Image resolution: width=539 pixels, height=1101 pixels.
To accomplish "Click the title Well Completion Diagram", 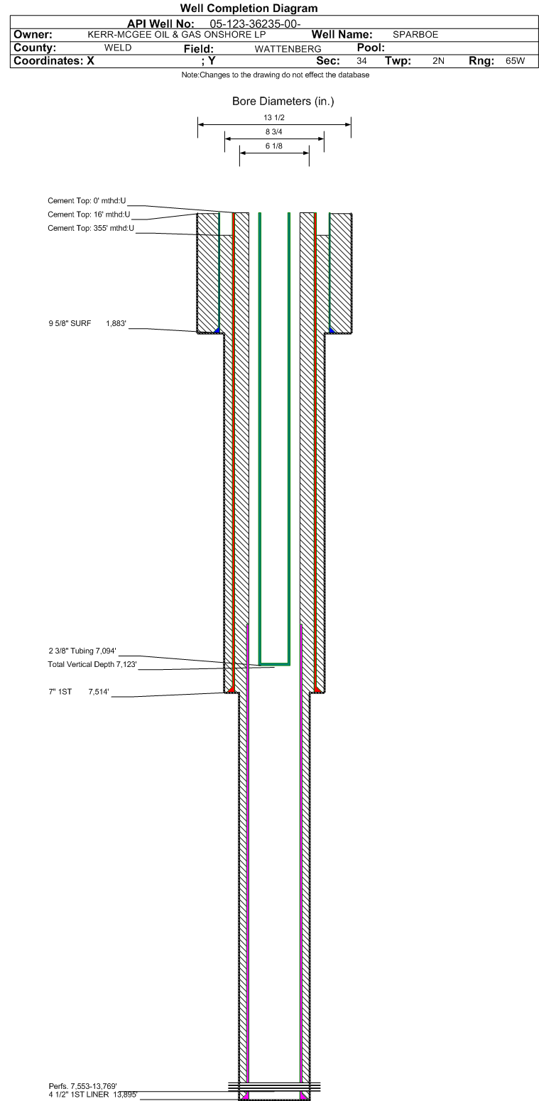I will (x=249, y=9).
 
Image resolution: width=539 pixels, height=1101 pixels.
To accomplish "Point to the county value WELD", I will (x=118, y=48).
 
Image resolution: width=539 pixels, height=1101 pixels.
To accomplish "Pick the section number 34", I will (x=361, y=61).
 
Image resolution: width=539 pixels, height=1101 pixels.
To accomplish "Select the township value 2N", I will (x=438, y=61).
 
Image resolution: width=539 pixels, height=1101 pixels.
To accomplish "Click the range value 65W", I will (x=515, y=61).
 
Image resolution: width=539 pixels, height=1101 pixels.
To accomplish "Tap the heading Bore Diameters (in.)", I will (x=283, y=102).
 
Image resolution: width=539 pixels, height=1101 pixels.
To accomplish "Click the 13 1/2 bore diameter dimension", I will (x=274, y=118).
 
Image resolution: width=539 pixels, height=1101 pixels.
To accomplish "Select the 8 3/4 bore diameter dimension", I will (x=274, y=132).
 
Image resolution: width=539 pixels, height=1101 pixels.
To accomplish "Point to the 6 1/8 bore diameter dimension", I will (x=274, y=146).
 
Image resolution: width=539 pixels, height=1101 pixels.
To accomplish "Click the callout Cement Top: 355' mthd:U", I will (x=90, y=228).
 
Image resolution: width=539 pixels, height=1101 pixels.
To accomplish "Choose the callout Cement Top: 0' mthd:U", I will (x=87, y=201).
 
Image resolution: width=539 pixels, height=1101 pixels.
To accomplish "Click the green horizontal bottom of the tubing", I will (x=274, y=663).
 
